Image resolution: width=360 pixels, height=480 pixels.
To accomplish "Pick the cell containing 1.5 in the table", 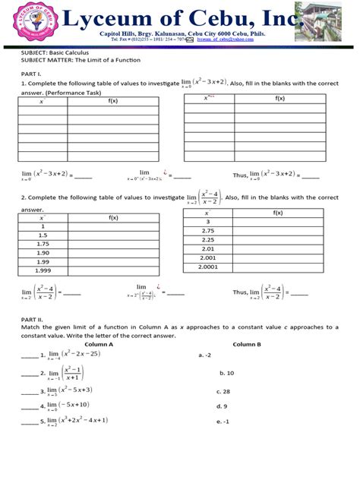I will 43,235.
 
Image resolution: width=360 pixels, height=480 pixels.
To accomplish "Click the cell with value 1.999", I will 43,270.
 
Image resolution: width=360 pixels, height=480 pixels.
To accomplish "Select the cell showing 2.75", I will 208,230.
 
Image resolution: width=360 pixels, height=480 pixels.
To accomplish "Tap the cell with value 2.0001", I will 208,267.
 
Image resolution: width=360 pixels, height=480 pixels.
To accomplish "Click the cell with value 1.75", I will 43,244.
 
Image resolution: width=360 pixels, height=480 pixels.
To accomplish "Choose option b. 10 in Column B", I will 226,373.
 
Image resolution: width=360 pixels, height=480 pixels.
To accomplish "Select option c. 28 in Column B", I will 223,392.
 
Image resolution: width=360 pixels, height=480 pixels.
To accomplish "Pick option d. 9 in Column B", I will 221,406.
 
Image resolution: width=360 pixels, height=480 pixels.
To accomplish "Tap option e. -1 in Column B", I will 223,422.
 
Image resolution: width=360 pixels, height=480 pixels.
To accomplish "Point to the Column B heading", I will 248,344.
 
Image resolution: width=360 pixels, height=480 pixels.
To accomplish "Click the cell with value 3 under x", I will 208,222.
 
